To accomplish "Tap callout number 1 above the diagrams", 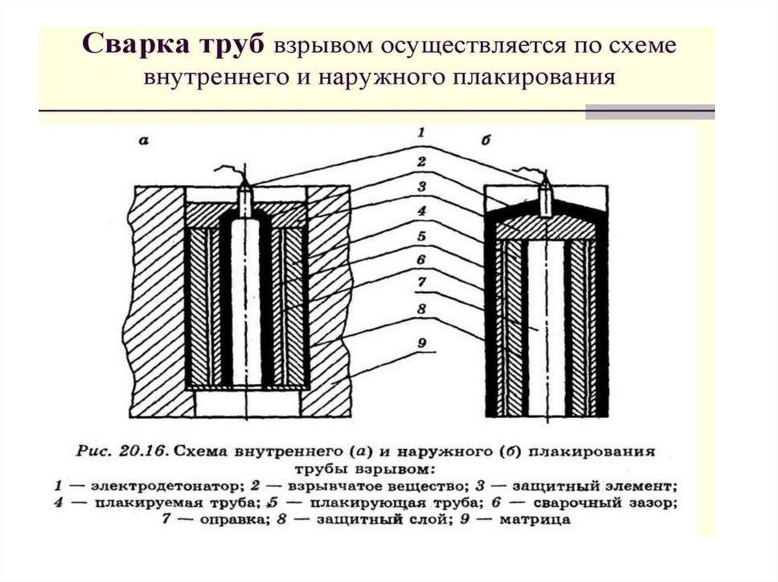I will (x=419, y=133).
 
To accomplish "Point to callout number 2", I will (x=420, y=161).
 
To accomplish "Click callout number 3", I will (x=420, y=186).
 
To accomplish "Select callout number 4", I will (x=420, y=210).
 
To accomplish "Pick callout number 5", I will (x=420, y=236).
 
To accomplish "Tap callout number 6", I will (x=420, y=260).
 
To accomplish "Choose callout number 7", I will (x=420, y=285).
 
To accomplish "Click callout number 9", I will (x=420, y=342).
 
